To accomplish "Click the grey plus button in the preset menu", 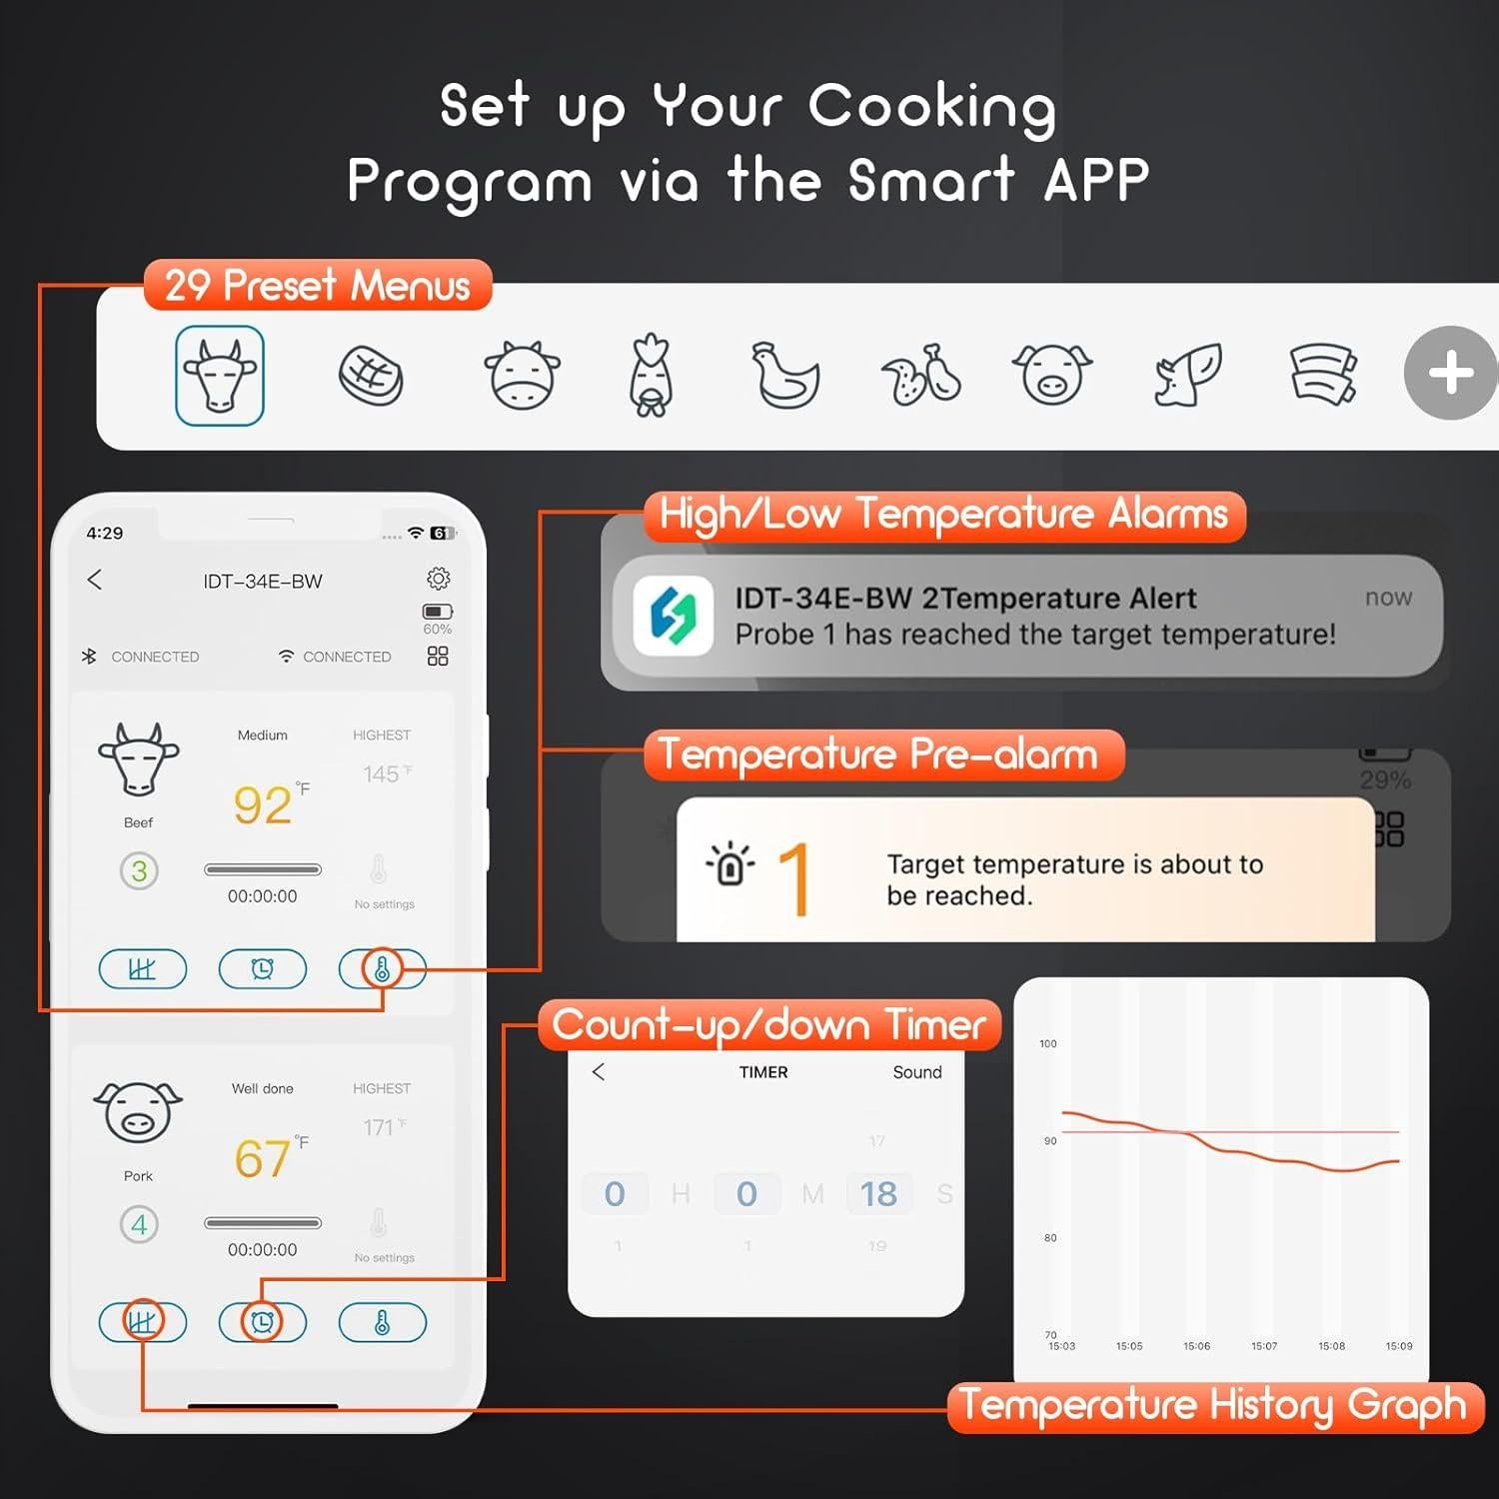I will pyautogui.click(x=1450, y=373).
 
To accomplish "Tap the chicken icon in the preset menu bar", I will pyautogui.click(x=785, y=376).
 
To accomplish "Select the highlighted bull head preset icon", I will pyautogui.click(x=220, y=376).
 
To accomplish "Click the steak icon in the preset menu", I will pyautogui.click(x=371, y=376).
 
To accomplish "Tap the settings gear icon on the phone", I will pyautogui.click(x=438, y=579).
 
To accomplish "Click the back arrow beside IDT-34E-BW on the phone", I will pyautogui.click(x=95, y=580).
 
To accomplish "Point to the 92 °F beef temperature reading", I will pyautogui.click(x=263, y=805).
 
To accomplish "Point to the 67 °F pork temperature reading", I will pyautogui.click(x=263, y=1158).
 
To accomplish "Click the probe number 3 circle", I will pyautogui.click(x=139, y=871).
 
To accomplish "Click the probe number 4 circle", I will pyautogui.click(x=139, y=1224).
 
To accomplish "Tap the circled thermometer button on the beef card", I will pyautogui.click(x=382, y=968).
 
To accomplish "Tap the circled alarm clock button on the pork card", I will pyautogui.click(x=262, y=1322).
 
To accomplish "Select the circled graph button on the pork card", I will pyautogui.click(x=142, y=1322).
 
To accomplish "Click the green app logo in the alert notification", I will pyautogui.click(x=674, y=615).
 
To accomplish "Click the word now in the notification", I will pyautogui.click(x=1388, y=598).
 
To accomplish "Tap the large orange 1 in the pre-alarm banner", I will pyautogui.click(x=793, y=878).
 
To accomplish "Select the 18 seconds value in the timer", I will pyautogui.click(x=878, y=1194).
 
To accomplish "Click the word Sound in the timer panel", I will pyautogui.click(x=917, y=1072).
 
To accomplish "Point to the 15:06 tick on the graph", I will pyautogui.click(x=1196, y=1346).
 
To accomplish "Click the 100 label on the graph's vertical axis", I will pyautogui.click(x=1047, y=1043).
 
